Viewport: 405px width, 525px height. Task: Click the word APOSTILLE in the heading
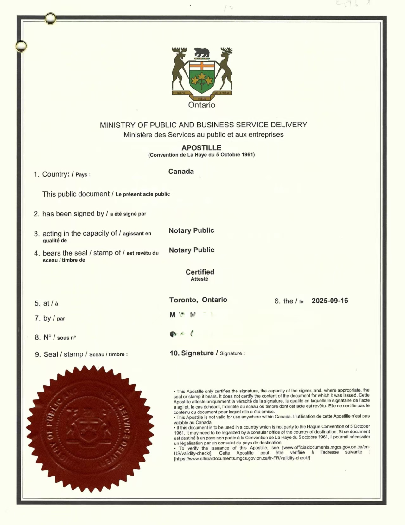[201, 148]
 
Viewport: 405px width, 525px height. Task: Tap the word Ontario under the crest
[202, 105]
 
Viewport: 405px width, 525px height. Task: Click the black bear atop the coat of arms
[202, 52]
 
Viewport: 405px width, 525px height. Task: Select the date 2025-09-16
[330, 301]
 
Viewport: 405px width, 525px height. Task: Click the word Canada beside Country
[181, 172]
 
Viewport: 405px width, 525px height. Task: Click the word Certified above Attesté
[200, 272]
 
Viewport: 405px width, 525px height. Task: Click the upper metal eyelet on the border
[50, 19]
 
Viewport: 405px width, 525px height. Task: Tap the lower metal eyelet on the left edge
[21, 46]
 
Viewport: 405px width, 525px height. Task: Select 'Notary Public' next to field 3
[191, 230]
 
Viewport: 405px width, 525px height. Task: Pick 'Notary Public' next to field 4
[191, 250]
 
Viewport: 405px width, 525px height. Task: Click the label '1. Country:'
[51, 174]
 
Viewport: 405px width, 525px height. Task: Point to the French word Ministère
[138, 135]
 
